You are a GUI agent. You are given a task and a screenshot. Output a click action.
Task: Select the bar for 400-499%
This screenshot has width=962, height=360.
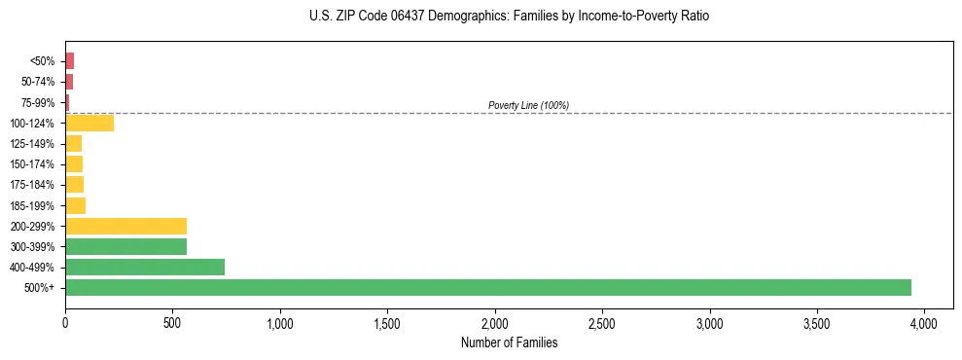[145, 267]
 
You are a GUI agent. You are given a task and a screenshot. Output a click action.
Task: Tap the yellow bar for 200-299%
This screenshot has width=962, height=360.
[125, 226]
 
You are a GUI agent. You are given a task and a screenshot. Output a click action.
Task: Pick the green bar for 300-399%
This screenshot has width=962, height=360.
[125, 246]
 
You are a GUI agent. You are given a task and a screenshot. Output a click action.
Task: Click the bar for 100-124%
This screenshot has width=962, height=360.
[89, 123]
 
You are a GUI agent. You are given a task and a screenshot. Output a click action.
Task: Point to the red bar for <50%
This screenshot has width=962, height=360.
[69, 61]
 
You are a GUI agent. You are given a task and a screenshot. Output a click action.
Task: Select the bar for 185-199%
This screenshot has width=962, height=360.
[75, 205]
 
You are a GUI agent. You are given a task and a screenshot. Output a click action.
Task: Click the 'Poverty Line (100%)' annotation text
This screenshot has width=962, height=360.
[528, 105]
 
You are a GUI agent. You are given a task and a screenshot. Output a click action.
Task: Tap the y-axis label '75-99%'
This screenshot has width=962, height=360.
[39, 102]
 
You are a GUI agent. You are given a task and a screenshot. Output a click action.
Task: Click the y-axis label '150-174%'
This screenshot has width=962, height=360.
[33, 164]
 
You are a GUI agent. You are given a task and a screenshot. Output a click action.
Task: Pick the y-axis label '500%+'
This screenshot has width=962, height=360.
[41, 288]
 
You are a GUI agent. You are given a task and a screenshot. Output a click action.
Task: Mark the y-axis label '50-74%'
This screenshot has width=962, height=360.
[39, 82]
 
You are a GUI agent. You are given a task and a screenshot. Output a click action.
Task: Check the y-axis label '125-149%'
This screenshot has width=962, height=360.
[33, 144]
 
